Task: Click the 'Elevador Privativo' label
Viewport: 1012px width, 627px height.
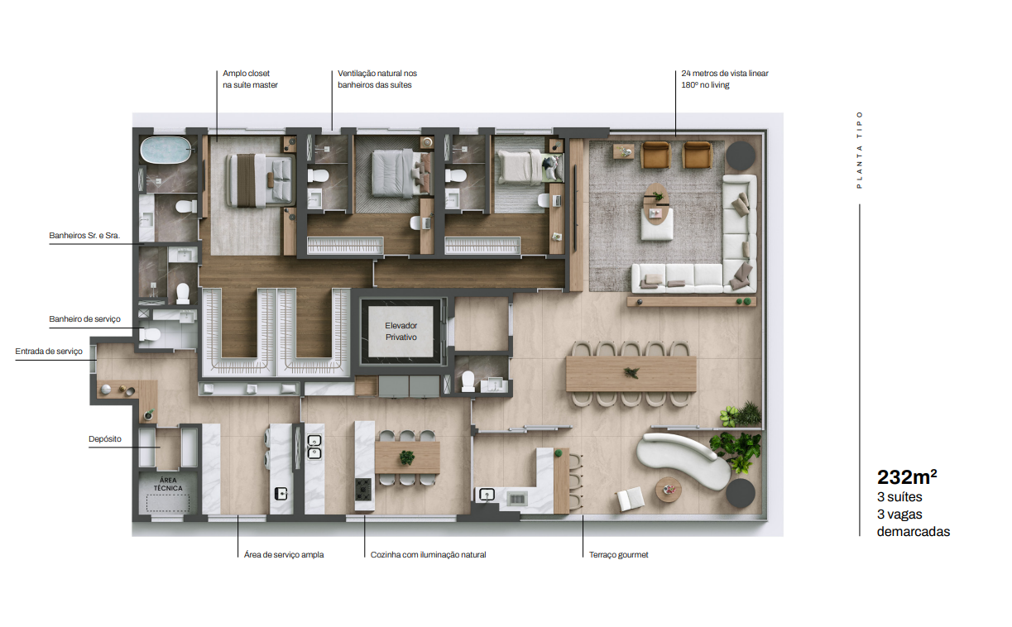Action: (x=400, y=331)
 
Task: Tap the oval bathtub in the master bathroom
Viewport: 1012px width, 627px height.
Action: (x=165, y=150)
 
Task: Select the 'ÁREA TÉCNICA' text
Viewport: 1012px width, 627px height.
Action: (x=168, y=484)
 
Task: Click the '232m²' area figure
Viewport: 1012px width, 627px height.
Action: (x=907, y=476)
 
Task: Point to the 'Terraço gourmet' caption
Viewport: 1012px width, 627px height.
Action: (x=618, y=555)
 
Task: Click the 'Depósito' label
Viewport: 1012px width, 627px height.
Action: (x=105, y=439)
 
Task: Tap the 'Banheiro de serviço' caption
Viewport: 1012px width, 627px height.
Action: (x=85, y=319)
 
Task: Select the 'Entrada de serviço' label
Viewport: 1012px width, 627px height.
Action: (x=49, y=351)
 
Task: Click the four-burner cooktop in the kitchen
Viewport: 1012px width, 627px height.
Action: (x=363, y=489)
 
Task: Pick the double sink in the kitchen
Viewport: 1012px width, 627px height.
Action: (x=314, y=447)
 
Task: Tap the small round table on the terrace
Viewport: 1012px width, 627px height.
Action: (x=669, y=490)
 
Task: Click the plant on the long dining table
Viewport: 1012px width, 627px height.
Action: (x=631, y=373)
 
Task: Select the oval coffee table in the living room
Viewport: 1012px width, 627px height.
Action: (x=656, y=204)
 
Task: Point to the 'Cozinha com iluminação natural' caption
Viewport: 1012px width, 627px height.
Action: (x=429, y=555)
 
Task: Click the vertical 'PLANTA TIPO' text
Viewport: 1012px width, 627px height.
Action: (x=859, y=150)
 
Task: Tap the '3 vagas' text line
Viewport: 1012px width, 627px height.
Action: (x=899, y=514)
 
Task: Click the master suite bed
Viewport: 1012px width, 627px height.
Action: (x=260, y=180)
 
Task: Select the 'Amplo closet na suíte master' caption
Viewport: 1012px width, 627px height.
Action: (x=250, y=79)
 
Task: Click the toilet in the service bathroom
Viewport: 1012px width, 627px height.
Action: (x=150, y=335)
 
